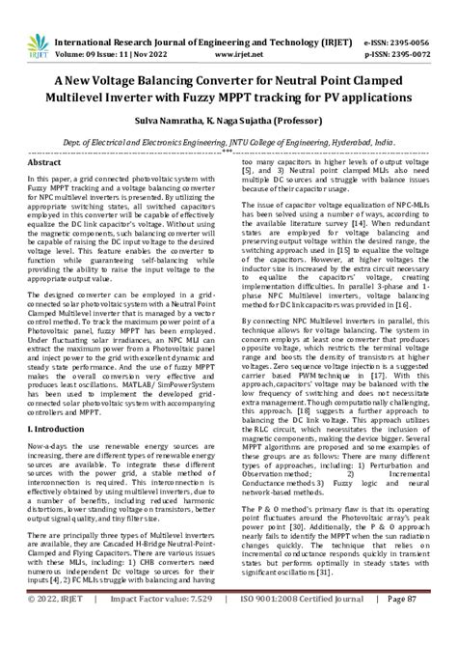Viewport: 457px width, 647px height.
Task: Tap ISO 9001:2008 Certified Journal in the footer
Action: (300, 625)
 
